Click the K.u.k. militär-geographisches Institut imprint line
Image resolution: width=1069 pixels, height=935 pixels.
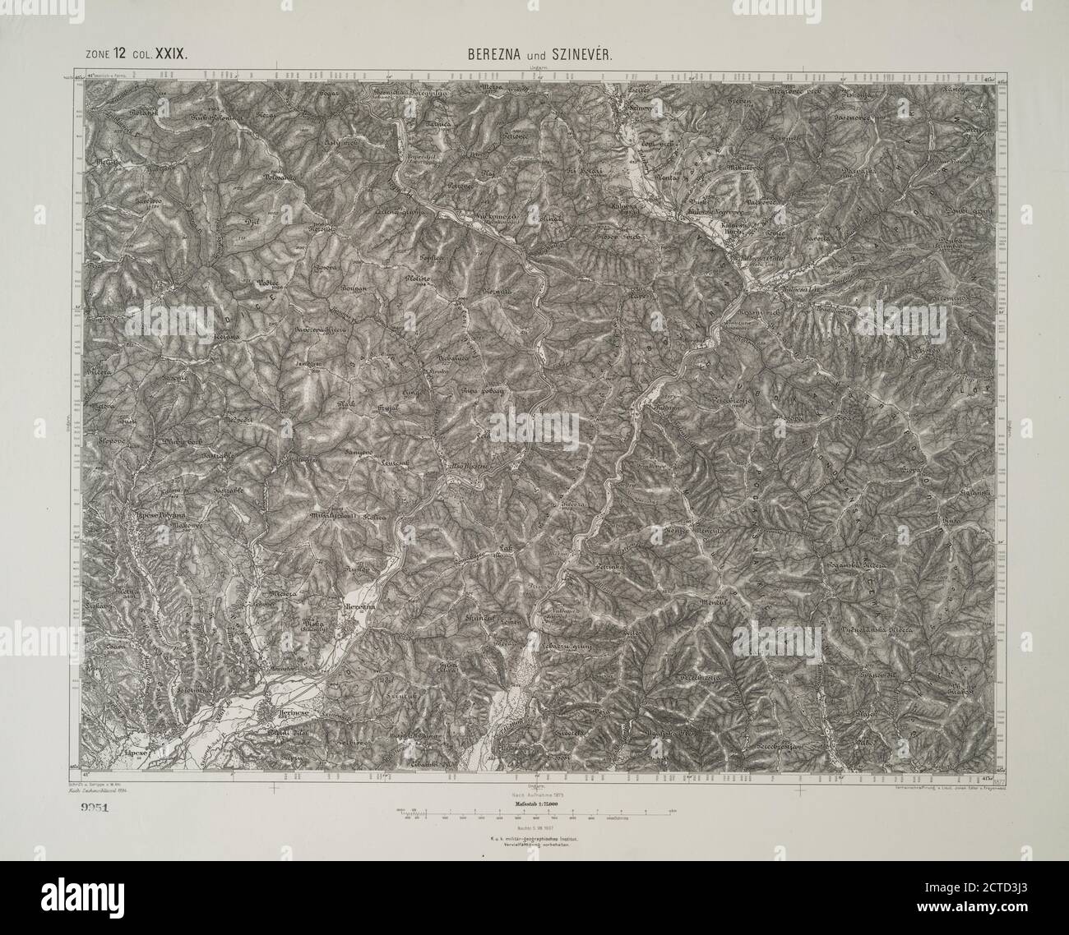(534, 839)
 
